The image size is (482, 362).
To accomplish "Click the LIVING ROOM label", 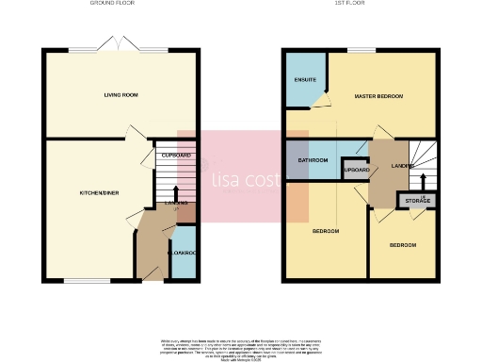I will (121, 95).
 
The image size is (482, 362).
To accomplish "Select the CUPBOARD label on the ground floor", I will (176, 155).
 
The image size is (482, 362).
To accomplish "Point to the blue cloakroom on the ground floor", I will (183, 254).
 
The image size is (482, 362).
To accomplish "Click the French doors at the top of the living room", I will (122, 47).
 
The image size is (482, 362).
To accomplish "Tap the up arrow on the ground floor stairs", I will (175, 192).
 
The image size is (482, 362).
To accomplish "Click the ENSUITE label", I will (304, 80).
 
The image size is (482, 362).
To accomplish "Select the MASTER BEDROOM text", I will (378, 96).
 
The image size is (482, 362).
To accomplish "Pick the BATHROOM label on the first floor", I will (313, 160).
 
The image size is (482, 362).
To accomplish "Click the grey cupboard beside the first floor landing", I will (356, 171).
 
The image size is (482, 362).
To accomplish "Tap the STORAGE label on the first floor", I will (417, 201).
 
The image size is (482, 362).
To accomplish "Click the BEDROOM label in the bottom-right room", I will (403, 245).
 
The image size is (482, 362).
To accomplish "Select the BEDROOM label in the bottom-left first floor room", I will (326, 230).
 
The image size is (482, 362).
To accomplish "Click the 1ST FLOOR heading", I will (361, 5).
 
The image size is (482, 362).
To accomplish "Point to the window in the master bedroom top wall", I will (361, 49).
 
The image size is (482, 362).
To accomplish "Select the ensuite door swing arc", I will (324, 100).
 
